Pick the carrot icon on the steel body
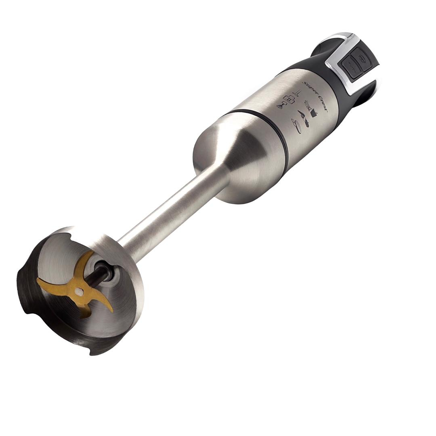click(302, 115)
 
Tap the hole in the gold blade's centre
click(80, 290)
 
